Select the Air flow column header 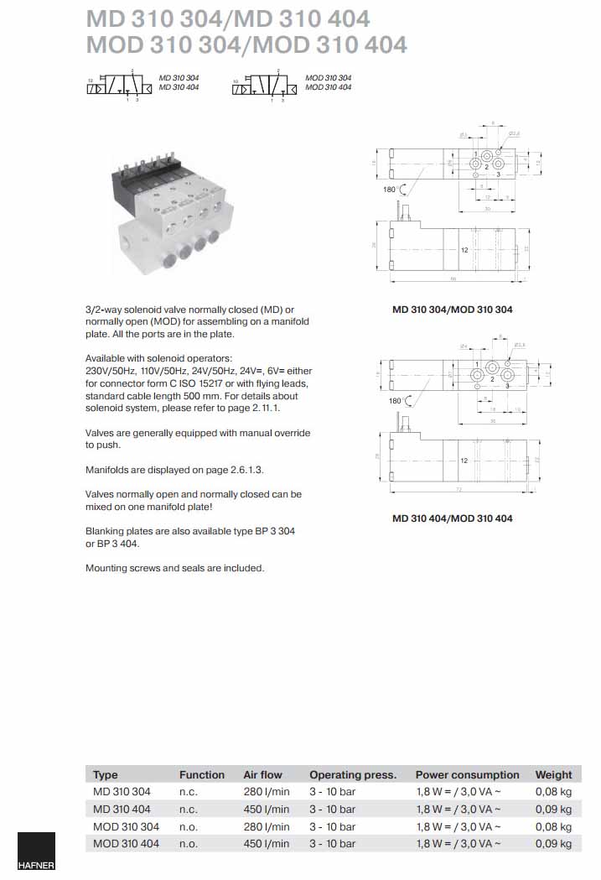point(262,774)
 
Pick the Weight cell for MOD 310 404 point(553,843)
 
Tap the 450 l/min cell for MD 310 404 point(266,809)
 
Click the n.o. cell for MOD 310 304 point(189,826)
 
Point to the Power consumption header point(467,774)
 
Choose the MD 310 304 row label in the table point(122,791)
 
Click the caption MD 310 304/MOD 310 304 point(452,310)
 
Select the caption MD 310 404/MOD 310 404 point(452,518)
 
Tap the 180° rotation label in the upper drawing point(388,190)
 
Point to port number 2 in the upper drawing point(486,168)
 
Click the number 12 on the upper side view point(464,250)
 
